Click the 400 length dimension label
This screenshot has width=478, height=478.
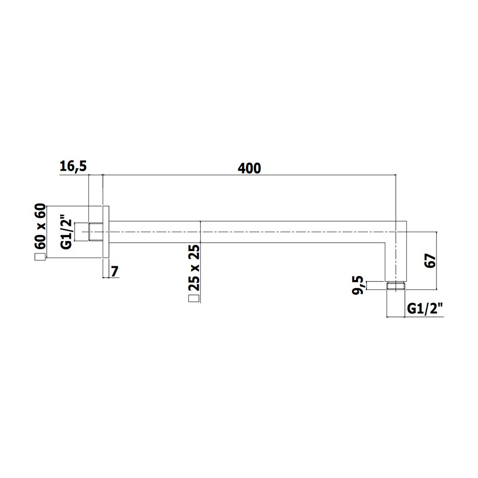250,168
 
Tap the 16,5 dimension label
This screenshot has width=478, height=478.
73,166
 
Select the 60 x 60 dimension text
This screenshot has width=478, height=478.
40,226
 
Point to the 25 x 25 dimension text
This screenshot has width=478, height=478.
194,267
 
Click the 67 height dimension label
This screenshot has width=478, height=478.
430,261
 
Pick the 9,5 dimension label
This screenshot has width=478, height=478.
358,285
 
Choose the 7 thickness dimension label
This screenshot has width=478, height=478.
115,272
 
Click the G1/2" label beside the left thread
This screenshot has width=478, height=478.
66,234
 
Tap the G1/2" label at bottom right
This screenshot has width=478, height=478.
424,309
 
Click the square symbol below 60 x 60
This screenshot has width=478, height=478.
40,257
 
